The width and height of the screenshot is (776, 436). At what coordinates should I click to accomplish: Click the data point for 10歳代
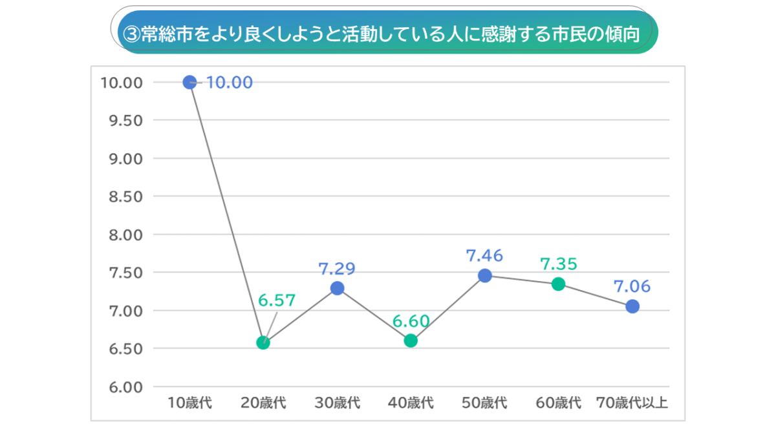point(189,82)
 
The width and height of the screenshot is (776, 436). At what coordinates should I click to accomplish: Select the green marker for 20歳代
point(263,342)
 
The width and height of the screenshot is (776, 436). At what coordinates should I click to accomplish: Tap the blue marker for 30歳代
point(337,288)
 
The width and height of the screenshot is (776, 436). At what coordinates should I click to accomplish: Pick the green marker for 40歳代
point(411,340)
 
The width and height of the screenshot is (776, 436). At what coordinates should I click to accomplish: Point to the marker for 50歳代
point(485,275)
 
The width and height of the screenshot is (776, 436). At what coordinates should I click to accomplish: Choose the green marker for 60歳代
point(559,284)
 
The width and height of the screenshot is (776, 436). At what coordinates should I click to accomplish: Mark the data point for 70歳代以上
point(632,306)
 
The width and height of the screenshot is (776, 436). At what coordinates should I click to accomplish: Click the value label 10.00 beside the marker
point(229,83)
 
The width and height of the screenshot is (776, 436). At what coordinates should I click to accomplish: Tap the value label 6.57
point(277,300)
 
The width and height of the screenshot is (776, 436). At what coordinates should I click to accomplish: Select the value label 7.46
point(484,255)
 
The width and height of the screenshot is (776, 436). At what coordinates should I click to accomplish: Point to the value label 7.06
point(632,286)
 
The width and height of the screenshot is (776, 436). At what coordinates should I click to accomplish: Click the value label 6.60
point(411,320)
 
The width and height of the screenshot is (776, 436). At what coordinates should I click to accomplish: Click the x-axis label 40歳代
point(411,404)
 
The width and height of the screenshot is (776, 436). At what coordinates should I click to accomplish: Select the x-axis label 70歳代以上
point(632,404)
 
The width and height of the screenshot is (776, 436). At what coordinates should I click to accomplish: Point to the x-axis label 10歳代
point(189,404)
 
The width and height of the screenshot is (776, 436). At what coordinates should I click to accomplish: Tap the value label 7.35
point(559,264)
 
